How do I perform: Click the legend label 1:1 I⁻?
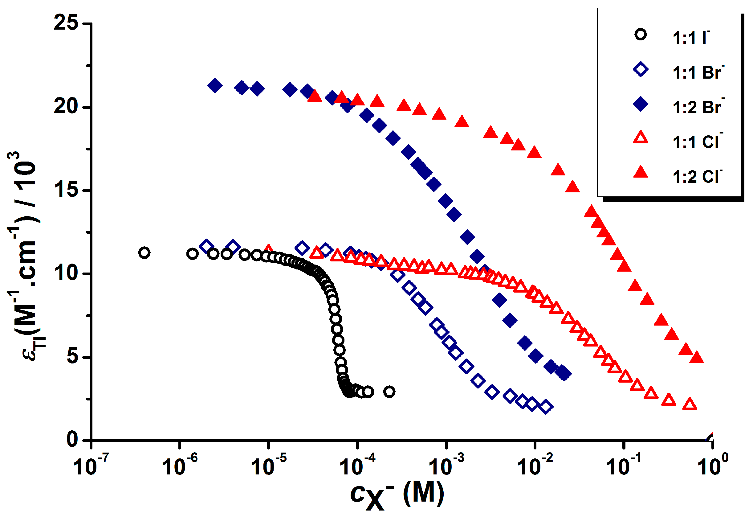coord(690,38)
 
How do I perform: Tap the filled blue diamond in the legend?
coord(641,104)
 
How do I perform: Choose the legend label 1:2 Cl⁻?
coord(697,177)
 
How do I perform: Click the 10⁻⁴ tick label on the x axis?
coord(357,467)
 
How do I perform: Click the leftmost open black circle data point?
coord(144,252)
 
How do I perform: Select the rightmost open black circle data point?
coord(389,392)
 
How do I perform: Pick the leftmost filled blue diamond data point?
coord(215,86)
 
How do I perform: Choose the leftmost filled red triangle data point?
coord(314,96)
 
